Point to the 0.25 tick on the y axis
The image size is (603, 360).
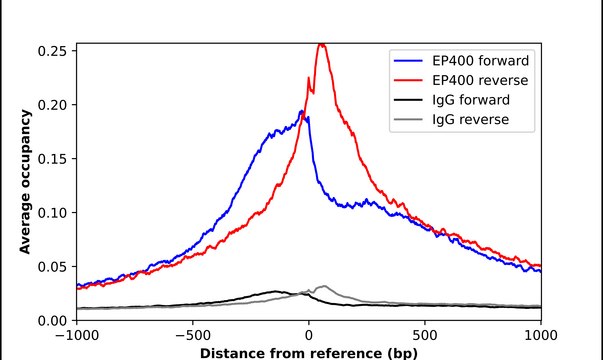(52, 50)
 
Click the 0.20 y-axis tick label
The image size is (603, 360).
(52, 104)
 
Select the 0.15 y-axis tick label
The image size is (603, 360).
(52, 158)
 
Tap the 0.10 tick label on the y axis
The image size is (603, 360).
(52, 212)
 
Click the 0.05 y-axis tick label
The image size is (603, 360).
(52, 266)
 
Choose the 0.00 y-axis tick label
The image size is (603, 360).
(52, 320)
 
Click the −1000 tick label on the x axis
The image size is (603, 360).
(77, 336)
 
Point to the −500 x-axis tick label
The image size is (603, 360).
(193, 336)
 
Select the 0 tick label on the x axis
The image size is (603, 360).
(309, 336)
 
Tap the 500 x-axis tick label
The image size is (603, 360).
(425, 336)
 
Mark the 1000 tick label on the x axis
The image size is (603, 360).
(540, 336)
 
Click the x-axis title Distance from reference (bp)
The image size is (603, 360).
(309, 353)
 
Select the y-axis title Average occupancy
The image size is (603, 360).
(25, 182)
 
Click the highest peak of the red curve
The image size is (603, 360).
(321, 44)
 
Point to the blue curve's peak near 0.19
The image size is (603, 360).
(302, 111)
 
